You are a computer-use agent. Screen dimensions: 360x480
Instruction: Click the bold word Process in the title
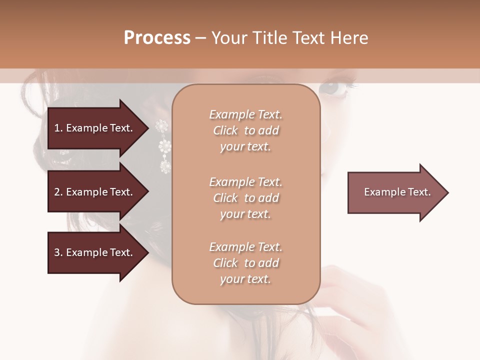pyautogui.click(x=157, y=38)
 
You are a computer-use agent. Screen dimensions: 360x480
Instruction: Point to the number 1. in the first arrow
pyautogui.click(x=58, y=128)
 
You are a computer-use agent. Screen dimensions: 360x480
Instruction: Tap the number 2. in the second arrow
pyautogui.click(x=58, y=192)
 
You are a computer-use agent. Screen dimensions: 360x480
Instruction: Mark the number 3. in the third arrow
pyautogui.click(x=58, y=252)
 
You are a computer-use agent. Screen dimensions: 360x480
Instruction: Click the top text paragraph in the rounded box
pyautogui.click(x=245, y=130)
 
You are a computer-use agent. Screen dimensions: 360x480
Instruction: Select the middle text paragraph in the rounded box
pyautogui.click(x=245, y=198)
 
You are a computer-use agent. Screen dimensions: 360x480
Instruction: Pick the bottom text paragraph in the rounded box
pyautogui.click(x=245, y=263)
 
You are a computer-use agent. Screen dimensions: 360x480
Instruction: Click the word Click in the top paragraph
pyautogui.click(x=225, y=130)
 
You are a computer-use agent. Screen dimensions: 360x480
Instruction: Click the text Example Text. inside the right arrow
pyautogui.click(x=397, y=192)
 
